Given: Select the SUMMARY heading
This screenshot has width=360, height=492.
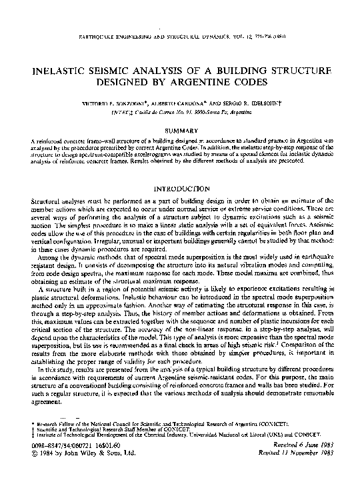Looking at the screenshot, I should pos(180,129).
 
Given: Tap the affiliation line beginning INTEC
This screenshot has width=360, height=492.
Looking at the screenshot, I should pos(180,113).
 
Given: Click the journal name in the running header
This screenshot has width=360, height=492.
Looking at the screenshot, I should pos(140,32).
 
